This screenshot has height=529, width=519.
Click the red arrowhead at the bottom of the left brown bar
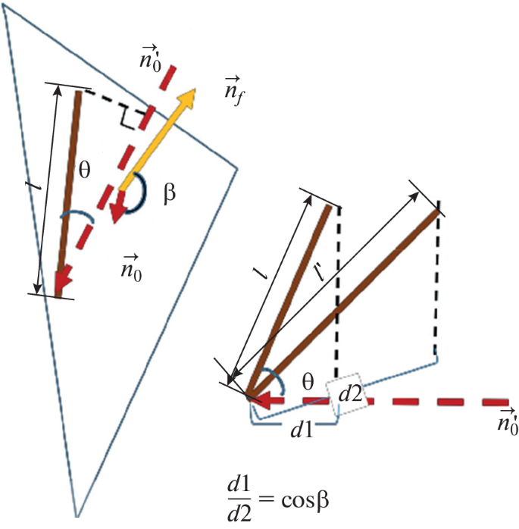tap(64, 282)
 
